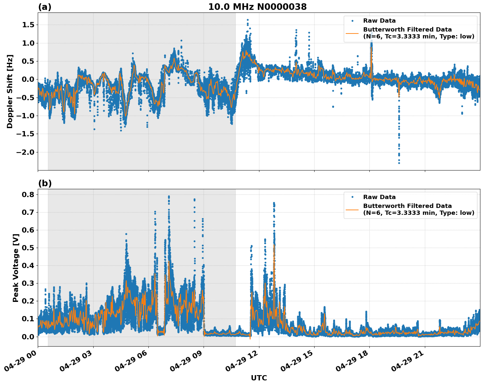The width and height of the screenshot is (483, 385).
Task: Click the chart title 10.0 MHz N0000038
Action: click(257, 7)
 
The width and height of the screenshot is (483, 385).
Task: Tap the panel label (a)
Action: click(45, 7)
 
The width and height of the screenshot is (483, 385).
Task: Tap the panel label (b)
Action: click(45, 183)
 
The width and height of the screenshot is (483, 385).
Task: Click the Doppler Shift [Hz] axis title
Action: click(10, 91)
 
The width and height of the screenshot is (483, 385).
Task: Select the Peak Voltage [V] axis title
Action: click(15, 268)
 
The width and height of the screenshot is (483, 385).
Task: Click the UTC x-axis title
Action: click(259, 378)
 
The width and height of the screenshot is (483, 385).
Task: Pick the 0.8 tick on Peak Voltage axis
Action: click(29, 194)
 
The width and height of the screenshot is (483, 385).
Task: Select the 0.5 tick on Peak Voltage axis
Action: click(29, 248)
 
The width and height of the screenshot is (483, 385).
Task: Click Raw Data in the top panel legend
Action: click(379, 21)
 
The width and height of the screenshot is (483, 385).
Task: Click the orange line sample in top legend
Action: click(352, 33)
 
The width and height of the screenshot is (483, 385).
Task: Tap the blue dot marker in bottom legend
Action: click(352, 197)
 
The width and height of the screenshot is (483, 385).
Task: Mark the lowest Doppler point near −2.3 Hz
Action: click(399, 163)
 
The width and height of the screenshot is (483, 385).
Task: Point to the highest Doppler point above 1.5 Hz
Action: click(248, 20)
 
